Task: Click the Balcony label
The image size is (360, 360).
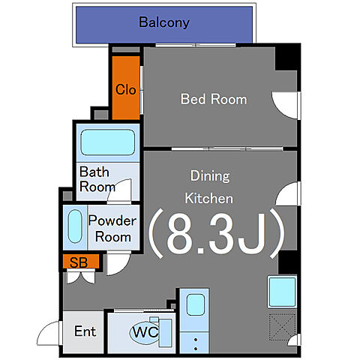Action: pyautogui.click(x=164, y=22)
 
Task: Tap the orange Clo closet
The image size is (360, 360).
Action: pyautogui.click(x=126, y=88)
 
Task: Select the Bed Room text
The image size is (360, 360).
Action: pyautogui.click(x=214, y=99)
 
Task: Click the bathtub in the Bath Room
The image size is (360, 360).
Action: pyautogui.click(x=108, y=142)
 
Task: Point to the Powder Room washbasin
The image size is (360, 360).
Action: pyautogui.click(x=75, y=226)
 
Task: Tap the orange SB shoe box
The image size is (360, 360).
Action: pyautogui.click(x=80, y=262)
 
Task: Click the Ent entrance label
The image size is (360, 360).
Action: pyautogui.click(x=85, y=331)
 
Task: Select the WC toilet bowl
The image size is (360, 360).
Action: pyautogui.click(x=145, y=332)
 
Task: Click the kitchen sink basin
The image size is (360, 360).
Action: pyautogui.click(x=196, y=304)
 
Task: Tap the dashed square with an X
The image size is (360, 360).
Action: pyautogui.click(x=282, y=327)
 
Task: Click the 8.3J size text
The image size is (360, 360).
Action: pyautogui.click(x=217, y=234)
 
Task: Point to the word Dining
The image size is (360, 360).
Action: pyautogui.click(x=210, y=176)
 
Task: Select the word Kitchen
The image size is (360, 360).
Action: pyautogui.click(x=208, y=199)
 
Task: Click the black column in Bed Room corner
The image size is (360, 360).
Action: pyautogui.click(x=287, y=57)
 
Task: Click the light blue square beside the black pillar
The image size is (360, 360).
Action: pyautogui.click(x=282, y=292)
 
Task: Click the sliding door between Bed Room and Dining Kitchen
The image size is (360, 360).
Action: pyautogui.click(x=227, y=149)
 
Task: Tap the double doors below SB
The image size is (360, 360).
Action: pyautogui.click(x=81, y=277)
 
